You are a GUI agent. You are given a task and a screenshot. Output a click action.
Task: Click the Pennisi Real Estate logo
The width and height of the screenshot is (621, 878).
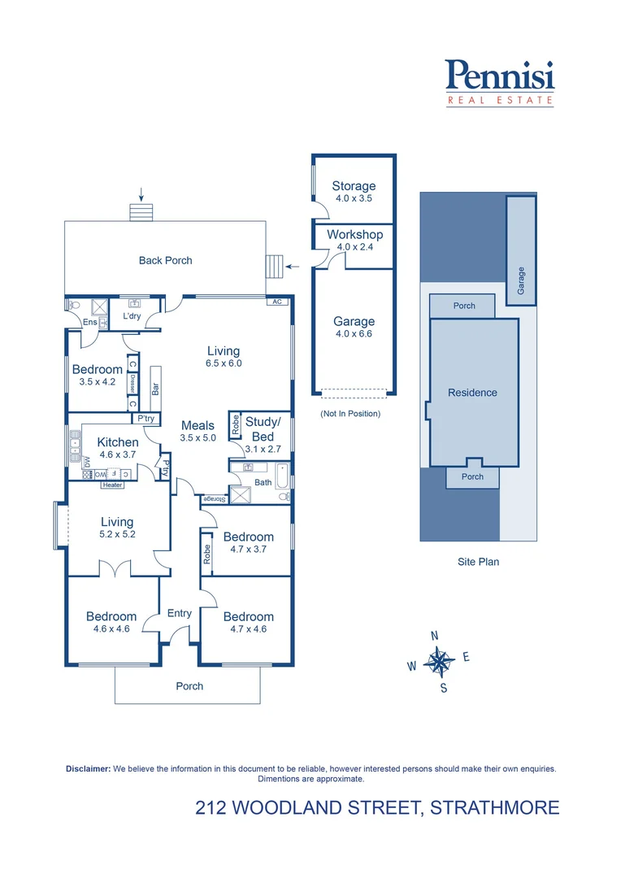(x=500, y=83)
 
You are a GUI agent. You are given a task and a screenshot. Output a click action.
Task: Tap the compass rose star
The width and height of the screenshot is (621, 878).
(x=439, y=663)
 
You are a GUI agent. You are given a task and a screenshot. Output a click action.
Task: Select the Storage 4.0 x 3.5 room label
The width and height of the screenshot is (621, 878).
(x=354, y=191)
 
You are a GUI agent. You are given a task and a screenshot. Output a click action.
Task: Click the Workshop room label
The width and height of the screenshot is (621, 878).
(x=354, y=240)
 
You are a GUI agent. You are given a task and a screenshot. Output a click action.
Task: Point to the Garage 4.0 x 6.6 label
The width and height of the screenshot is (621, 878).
(x=354, y=327)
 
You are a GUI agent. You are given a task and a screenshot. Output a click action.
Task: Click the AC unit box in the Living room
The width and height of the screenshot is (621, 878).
(x=277, y=302)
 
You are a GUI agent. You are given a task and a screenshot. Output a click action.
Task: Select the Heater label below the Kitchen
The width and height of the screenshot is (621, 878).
(x=112, y=485)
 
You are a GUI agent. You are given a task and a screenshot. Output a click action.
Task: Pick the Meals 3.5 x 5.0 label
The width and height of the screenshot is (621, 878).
(x=198, y=431)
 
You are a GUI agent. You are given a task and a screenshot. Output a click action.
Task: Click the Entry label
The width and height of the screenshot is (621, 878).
(x=180, y=613)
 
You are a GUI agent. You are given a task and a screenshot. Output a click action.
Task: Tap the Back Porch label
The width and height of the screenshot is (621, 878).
(x=165, y=261)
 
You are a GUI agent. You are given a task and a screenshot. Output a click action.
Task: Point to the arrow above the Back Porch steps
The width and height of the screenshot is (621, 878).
(x=141, y=193)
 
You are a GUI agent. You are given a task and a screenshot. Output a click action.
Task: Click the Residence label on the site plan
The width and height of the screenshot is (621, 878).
(x=472, y=393)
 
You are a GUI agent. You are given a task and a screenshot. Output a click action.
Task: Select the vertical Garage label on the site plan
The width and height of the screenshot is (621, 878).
(x=521, y=281)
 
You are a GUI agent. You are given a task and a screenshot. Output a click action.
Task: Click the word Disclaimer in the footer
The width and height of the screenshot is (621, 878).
(x=87, y=768)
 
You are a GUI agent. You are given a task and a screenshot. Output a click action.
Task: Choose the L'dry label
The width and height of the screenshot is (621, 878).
(x=132, y=316)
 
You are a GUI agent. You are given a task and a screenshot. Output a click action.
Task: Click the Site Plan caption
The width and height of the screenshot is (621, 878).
(x=478, y=562)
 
